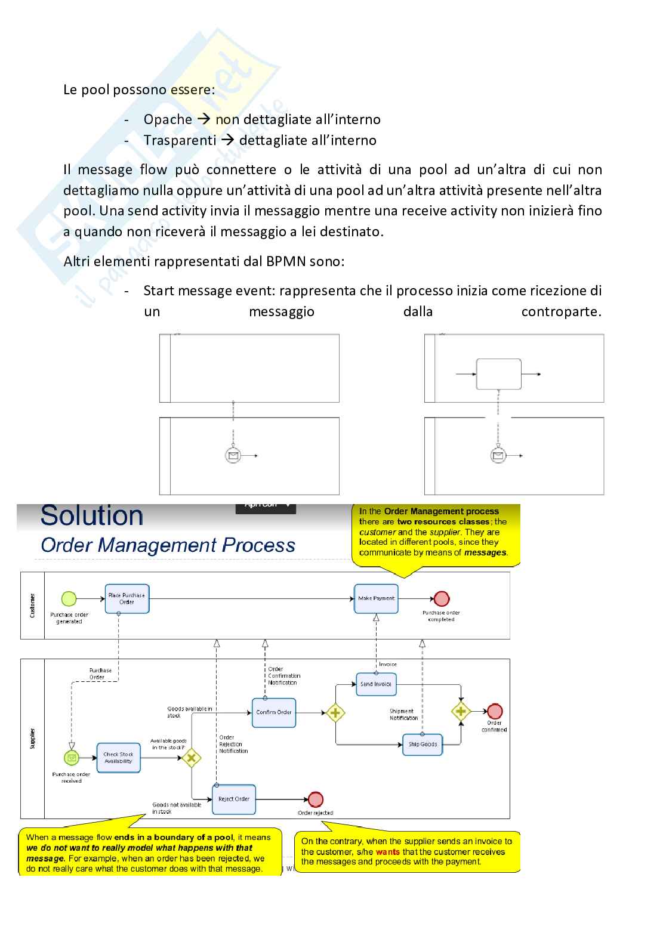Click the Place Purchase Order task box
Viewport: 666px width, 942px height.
(127, 598)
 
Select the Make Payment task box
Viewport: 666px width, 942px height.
(376, 598)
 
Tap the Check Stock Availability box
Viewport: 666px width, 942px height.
(118, 758)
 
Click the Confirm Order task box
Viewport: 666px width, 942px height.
(274, 712)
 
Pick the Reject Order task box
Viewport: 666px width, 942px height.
(233, 799)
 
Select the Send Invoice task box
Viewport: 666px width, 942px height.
(375, 684)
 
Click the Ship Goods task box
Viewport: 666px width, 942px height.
(423, 745)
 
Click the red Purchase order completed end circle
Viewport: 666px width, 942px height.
(442, 598)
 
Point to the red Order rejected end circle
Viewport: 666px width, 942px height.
(316, 799)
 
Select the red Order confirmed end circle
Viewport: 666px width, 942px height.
(495, 711)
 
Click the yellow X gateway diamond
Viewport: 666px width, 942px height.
(191, 758)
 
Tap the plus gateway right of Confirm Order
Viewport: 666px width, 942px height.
(335, 712)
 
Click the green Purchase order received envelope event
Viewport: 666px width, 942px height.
(72, 758)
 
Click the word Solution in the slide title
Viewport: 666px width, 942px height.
(92, 516)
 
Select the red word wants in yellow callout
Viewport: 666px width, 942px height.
(387, 852)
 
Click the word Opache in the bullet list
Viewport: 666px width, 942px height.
(168, 119)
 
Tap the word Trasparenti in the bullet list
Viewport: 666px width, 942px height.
(180, 140)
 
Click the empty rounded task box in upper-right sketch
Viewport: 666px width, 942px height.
(498, 374)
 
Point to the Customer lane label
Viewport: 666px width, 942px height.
(32, 606)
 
